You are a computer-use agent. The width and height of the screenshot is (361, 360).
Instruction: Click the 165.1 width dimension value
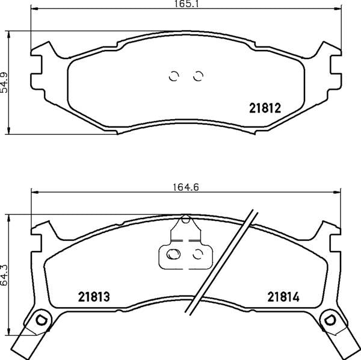pyautogui.click(x=182, y=4)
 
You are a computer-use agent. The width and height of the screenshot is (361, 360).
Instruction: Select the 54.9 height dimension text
pyautogui.click(x=5, y=81)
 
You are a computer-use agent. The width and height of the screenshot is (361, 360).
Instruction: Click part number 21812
pyautogui.click(x=265, y=109)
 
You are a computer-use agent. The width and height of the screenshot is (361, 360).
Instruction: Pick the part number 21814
pyautogui.click(x=283, y=297)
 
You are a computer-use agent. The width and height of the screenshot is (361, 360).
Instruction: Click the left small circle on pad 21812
pyautogui.click(x=173, y=76)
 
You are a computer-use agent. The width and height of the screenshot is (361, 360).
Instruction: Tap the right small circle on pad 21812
pyautogui.click(x=197, y=76)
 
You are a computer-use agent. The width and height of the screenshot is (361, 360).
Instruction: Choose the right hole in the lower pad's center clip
pyautogui.click(x=196, y=253)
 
